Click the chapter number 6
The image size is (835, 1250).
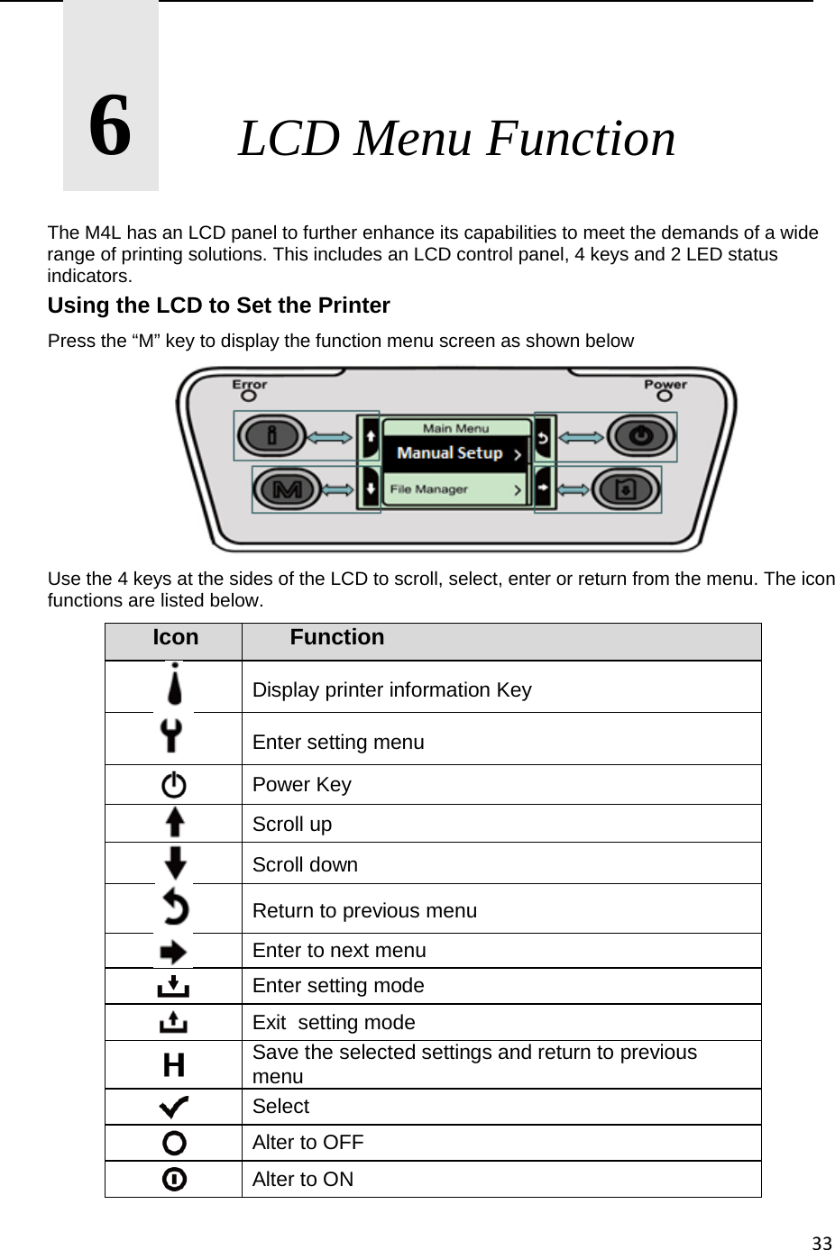(x=110, y=126)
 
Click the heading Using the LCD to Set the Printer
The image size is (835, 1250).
(x=218, y=306)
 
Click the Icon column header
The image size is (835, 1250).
(x=176, y=638)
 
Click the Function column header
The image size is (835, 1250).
(x=336, y=638)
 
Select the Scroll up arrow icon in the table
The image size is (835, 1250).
(x=174, y=823)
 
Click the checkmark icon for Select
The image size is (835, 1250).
(x=174, y=1106)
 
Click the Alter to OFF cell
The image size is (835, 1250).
(x=308, y=1142)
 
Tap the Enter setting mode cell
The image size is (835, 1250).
(x=338, y=986)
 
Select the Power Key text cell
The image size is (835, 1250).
(x=302, y=784)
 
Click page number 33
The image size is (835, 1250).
(x=821, y=1244)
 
